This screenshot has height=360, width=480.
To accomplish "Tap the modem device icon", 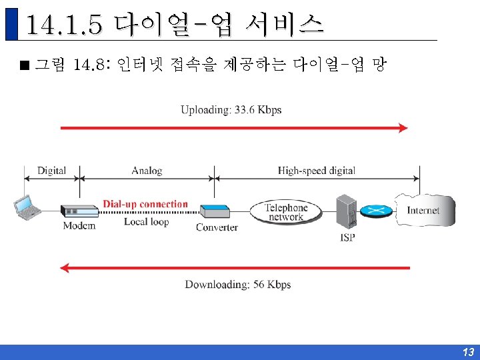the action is click(x=79, y=211).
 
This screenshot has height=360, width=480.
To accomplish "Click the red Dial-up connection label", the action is click(x=145, y=204).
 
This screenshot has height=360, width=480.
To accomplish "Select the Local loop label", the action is click(x=146, y=222).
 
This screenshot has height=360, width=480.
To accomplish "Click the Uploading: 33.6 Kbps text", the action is click(x=231, y=110).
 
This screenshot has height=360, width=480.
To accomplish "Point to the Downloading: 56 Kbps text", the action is click(x=238, y=285).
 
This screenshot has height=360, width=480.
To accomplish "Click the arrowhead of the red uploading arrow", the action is click(x=403, y=127).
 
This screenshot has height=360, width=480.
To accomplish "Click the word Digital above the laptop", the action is click(x=51, y=171).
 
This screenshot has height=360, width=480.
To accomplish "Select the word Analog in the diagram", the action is click(x=147, y=171).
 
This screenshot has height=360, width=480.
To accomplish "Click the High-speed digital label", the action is click(x=317, y=171).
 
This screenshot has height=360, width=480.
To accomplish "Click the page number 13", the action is click(x=468, y=352).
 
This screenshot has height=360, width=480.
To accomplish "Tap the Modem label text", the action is click(x=79, y=226).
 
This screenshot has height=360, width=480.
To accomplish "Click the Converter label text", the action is click(x=217, y=227).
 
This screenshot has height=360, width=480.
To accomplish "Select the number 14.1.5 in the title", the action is click(x=65, y=25).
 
